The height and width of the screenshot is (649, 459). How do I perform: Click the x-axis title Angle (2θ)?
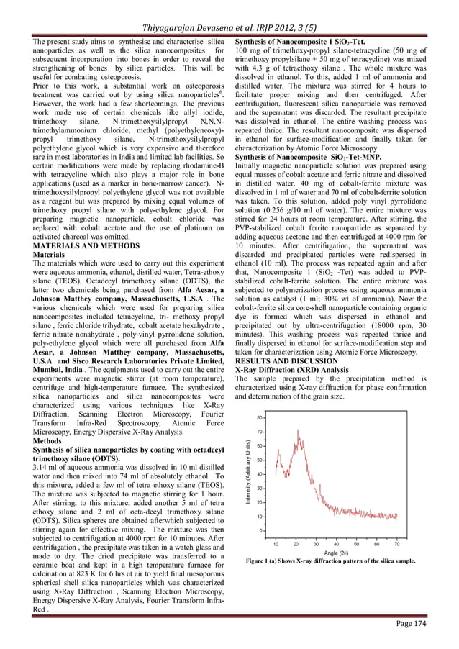click(341, 553)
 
